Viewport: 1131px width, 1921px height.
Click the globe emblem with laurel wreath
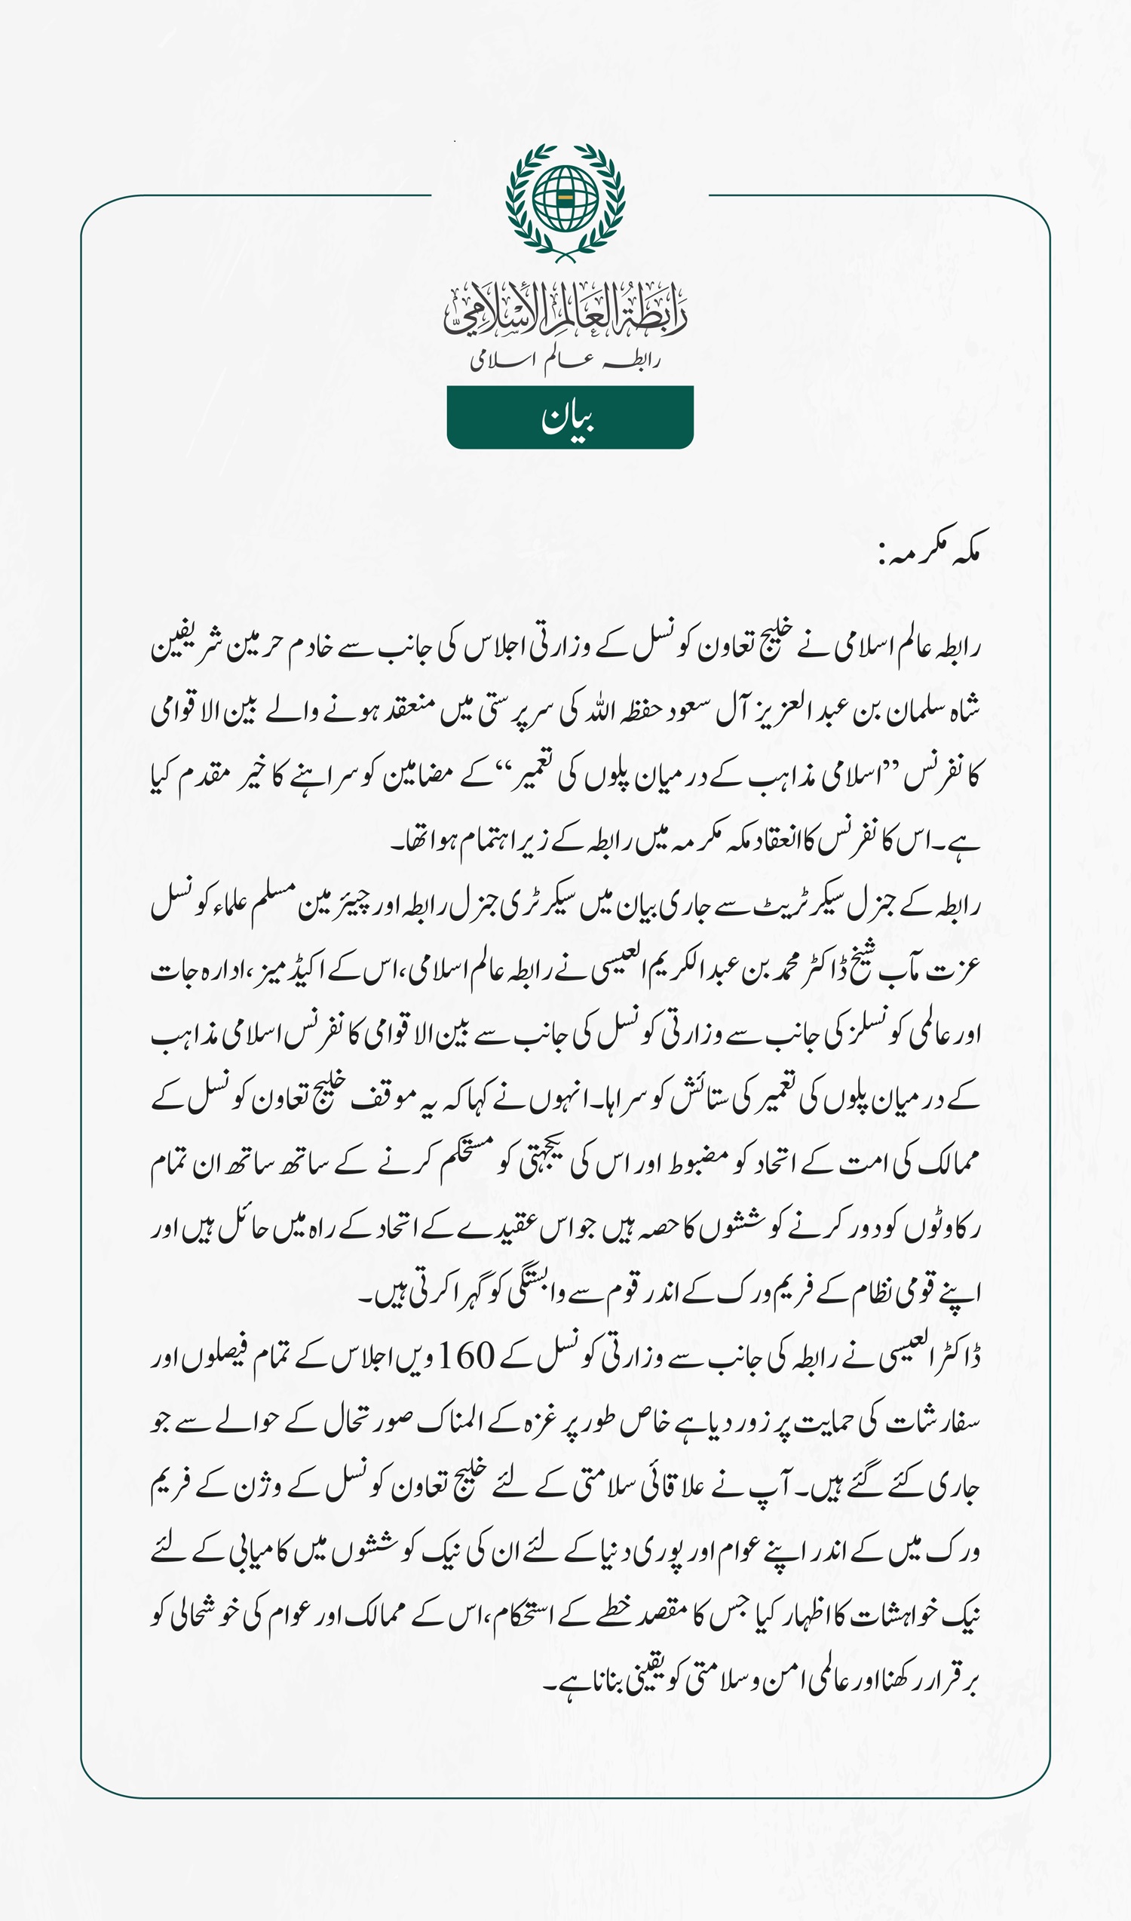coord(565,201)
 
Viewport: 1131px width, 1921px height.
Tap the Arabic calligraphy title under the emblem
coord(565,308)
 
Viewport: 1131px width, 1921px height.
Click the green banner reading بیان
coord(569,417)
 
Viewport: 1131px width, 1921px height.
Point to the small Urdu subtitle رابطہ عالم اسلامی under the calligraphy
coord(565,360)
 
